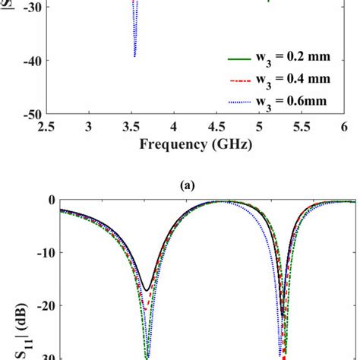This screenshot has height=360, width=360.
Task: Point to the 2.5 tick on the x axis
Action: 48,127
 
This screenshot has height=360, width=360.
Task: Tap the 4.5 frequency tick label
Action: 218,127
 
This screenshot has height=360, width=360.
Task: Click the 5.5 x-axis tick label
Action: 302,127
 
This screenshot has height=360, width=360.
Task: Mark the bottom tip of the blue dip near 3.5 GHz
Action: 134,57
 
